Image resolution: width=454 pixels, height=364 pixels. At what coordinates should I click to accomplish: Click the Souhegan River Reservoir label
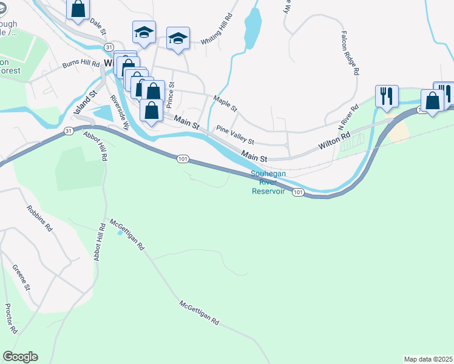(268, 183)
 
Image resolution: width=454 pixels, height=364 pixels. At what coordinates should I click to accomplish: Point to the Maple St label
(225, 103)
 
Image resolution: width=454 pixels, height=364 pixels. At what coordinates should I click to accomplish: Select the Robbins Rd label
(39, 220)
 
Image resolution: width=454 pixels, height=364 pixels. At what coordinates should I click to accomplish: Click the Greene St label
(21, 277)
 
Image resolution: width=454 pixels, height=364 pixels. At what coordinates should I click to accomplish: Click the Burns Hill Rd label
(81, 63)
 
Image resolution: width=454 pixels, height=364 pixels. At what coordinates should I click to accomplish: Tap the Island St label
(85, 104)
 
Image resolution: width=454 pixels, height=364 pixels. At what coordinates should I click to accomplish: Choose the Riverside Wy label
(120, 113)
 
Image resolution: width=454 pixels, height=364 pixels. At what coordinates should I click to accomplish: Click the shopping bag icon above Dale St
(78, 10)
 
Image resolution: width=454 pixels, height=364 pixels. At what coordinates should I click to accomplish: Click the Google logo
(20, 357)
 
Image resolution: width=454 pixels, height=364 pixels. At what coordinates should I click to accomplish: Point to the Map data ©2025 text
(428, 359)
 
